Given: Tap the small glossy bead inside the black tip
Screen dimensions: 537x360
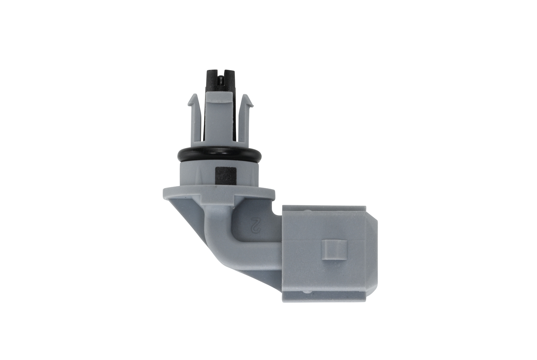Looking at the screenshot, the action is (220, 78).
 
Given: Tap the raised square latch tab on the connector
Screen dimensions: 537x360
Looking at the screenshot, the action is (334, 253).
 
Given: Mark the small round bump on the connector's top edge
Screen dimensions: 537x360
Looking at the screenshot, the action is (307, 211).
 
